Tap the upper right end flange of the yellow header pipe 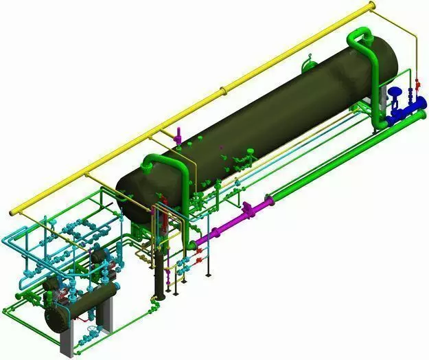click(x=372, y=6)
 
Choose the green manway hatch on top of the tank click(x=308, y=65)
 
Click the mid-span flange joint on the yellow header click(x=221, y=89)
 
